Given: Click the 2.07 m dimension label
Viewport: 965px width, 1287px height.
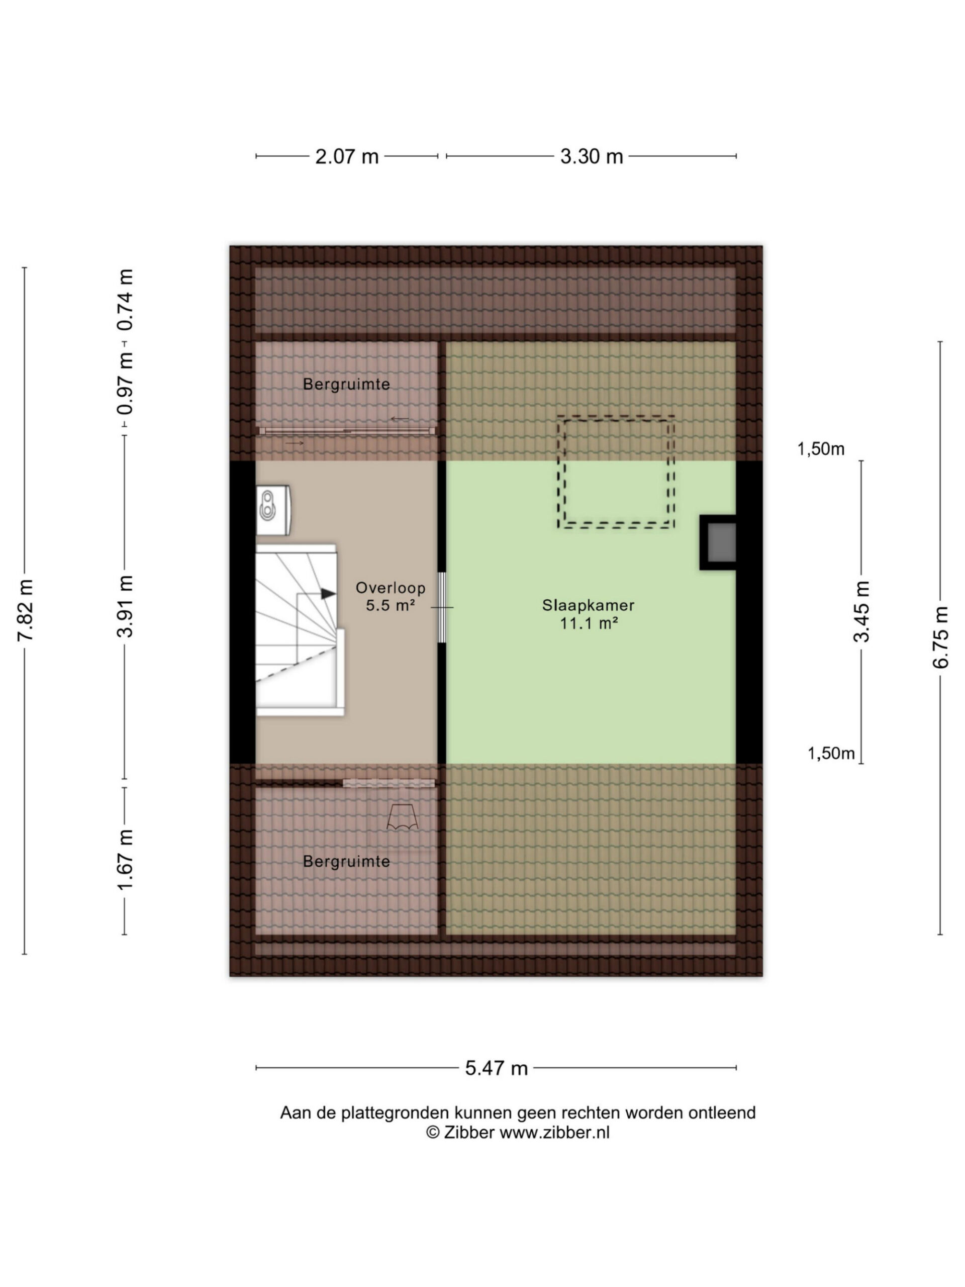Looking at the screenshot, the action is click(347, 156).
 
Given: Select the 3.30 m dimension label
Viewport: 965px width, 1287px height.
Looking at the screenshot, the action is click(592, 156).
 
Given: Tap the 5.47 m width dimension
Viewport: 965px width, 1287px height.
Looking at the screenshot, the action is click(496, 1068).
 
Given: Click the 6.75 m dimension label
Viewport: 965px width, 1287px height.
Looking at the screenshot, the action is click(940, 637).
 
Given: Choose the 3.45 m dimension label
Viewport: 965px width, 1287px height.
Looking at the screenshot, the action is click(861, 611).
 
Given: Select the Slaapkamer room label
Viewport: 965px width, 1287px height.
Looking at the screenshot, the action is click(588, 605).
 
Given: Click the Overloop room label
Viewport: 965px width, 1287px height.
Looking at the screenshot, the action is click(391, 588).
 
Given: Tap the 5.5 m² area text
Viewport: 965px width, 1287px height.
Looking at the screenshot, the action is click(391, 605).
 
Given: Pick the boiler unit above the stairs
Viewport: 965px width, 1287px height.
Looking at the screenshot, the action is click(273, 510).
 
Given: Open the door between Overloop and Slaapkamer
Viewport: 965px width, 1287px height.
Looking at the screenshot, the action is click(441, 607).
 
